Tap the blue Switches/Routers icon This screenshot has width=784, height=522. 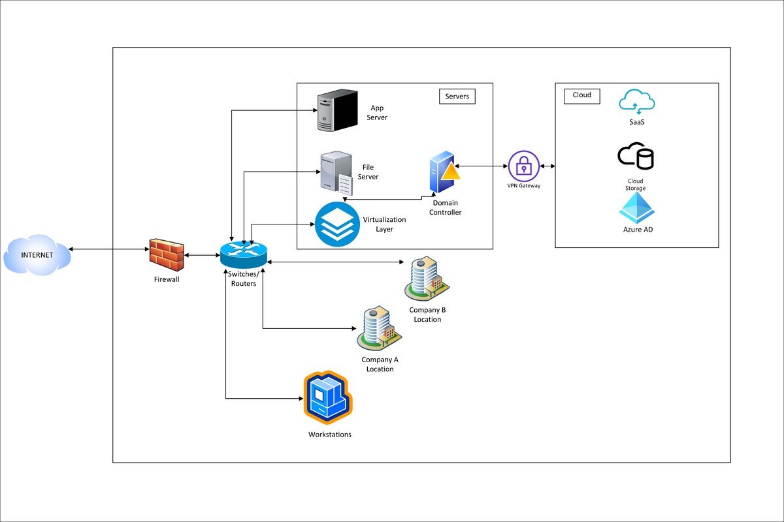coord(244,254)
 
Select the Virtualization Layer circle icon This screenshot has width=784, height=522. coord(337,224)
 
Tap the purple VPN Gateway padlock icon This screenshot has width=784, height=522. coord(524,166)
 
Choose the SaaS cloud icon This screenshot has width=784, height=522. coord(637,102)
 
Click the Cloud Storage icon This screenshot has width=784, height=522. coord(636,157)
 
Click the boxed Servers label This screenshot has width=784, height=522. coord(457,97)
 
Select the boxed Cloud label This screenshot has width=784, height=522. coord(581,95)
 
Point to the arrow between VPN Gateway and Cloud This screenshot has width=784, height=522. coord(547,166)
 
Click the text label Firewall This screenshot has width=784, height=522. coord(166,279)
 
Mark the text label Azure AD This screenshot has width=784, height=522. coord(638,230)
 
